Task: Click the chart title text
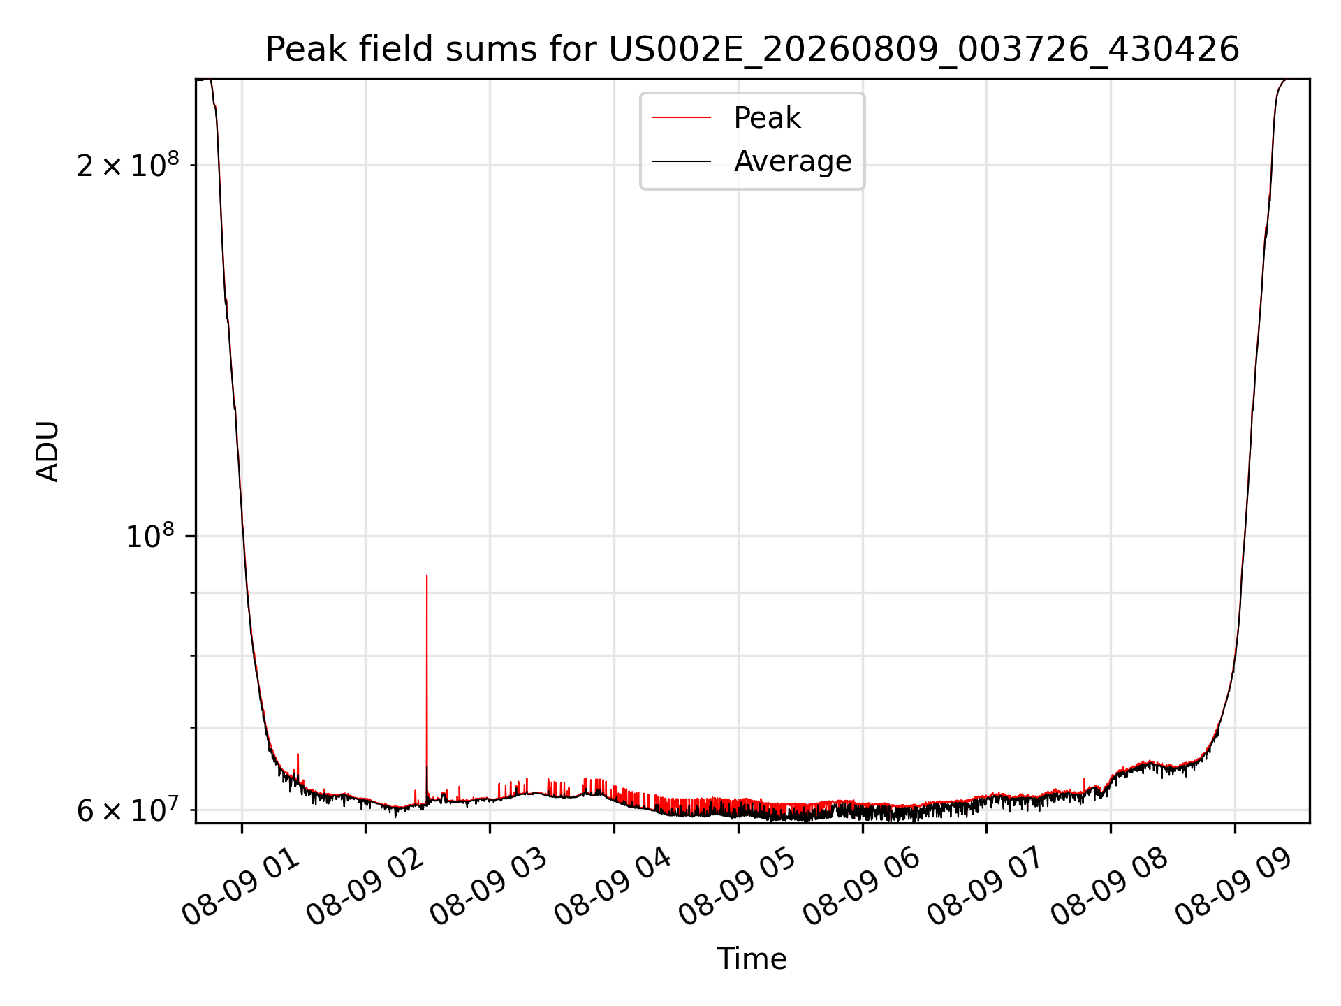752,50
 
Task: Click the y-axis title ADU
47,451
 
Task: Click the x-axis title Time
752,959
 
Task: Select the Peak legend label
767,118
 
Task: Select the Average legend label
793,161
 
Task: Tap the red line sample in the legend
681,118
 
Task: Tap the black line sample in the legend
681,161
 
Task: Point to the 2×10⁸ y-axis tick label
128,165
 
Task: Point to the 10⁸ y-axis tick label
149,536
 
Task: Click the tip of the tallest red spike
427,576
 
